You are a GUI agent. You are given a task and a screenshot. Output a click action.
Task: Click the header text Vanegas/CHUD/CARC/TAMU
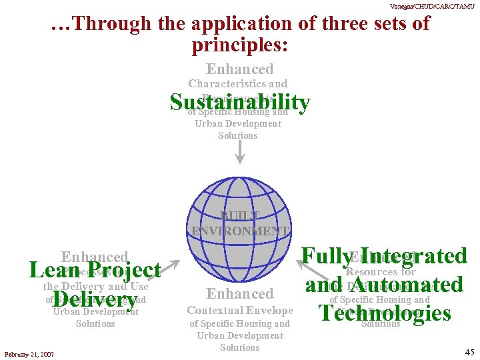coord(442,5)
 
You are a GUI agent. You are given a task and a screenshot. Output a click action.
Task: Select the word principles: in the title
coord(240,45)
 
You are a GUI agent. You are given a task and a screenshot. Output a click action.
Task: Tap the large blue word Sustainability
coord(240,103)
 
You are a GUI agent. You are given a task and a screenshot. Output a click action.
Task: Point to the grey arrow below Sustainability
coord(240,151)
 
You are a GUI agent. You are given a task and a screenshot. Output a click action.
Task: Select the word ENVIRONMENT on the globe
coord(240,231)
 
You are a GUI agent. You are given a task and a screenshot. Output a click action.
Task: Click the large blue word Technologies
coord(385,313)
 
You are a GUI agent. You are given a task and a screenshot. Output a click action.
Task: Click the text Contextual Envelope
coord(240,311)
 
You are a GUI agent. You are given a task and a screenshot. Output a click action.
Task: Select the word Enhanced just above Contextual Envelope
coord(240,293)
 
